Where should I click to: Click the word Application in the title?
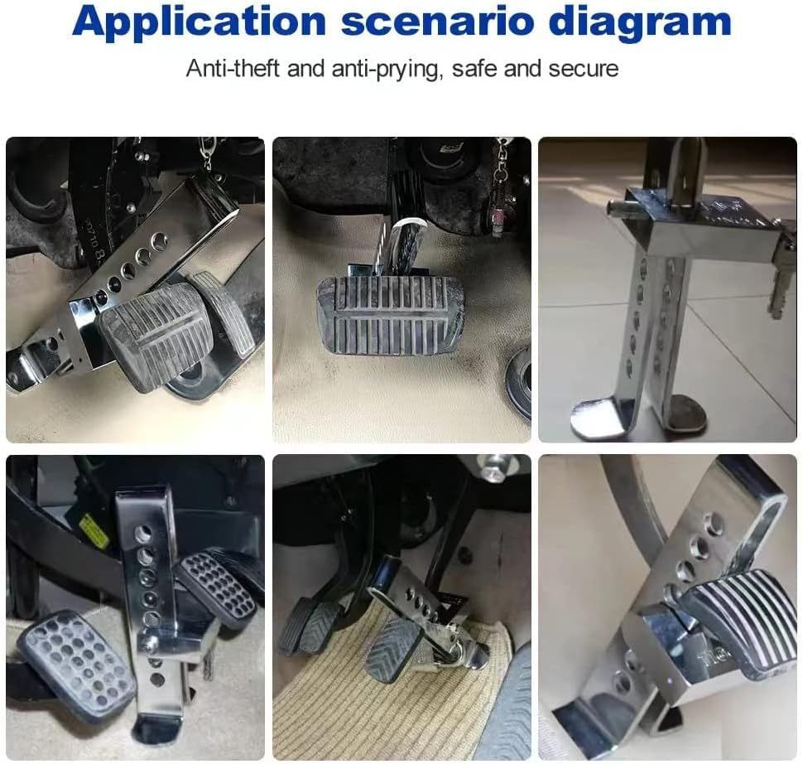[x=200, y=22]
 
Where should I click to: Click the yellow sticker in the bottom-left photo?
[x=94, y=530]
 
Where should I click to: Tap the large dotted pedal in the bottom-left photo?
[x=76, y=662]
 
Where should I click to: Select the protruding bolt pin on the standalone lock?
[x=621, y=210]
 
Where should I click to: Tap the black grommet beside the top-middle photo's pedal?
[x=518, y=379]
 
